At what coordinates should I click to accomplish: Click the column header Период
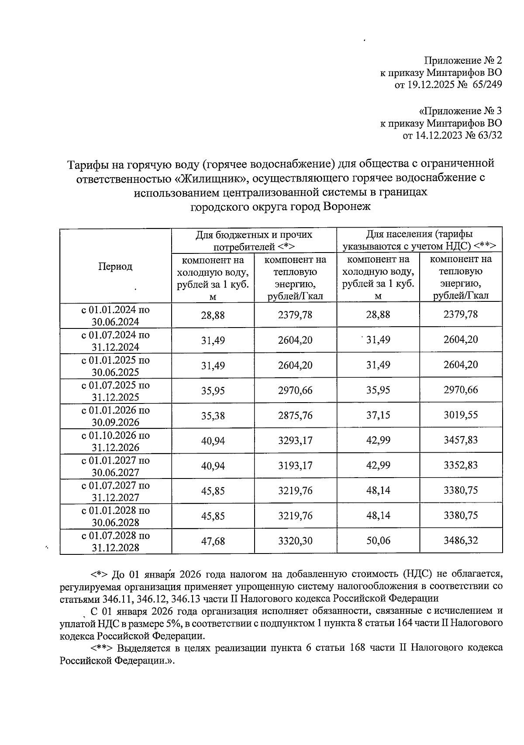[115, 267]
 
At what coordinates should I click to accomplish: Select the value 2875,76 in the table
[295, 415]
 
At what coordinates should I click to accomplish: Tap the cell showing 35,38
[213, 415]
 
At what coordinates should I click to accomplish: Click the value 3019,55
[461, 415]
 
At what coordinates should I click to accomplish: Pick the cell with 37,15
[378, 415]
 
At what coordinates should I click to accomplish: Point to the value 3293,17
[295, 440]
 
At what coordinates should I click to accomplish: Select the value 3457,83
[461, 440]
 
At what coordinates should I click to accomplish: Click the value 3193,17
[295, 465]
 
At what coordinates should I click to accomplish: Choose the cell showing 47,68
[213, 541]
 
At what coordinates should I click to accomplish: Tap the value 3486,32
[461, 541]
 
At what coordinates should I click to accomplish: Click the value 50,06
[378, 541]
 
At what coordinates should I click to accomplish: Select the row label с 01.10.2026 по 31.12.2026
[115, 441]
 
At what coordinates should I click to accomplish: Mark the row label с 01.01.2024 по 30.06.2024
[115, 315]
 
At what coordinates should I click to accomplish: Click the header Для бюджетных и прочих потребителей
[254, 240]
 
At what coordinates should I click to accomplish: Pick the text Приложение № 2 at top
[463, 60]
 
